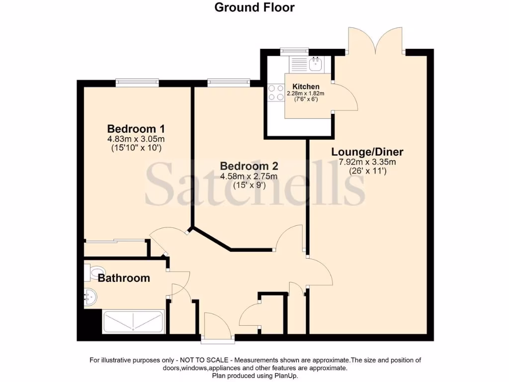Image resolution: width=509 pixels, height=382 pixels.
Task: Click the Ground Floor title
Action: pos(254,7)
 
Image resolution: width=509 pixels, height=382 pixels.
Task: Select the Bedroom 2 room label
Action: pos(249,166)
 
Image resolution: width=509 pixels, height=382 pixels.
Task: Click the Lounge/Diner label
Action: pos(367,152)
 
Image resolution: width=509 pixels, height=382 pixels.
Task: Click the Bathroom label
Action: pos(124,278)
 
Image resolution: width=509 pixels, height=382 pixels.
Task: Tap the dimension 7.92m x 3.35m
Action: pos(367,162)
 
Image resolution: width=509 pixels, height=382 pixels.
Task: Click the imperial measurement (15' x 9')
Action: pos(249,186)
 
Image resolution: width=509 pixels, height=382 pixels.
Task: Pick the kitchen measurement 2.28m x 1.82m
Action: pos(306,93)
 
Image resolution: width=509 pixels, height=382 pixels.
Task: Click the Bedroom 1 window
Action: pos(137,82)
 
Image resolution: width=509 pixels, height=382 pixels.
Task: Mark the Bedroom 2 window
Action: pos(229,82)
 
